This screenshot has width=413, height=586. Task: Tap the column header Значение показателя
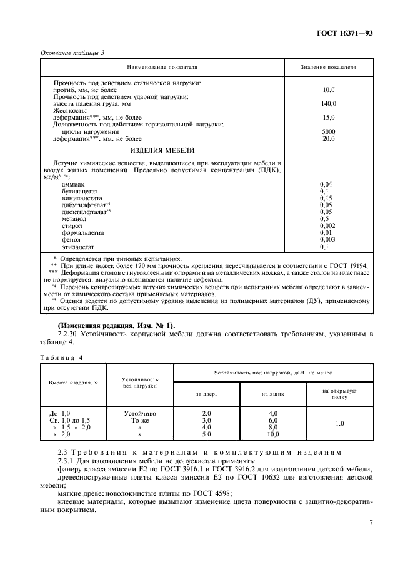pyautogui.click(x=329, y=66)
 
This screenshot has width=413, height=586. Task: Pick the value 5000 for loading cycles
pyautogui.click(x=329, y=131)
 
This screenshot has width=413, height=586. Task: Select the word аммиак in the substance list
pyautogui.click(x=74, y=184)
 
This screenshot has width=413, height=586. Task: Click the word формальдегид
pyautogui.click(x=83, y=232)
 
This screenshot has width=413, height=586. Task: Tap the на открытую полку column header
pyautogui.click(x=339, y=394)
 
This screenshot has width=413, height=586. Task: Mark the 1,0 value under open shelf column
pyautogui.click(x=339, y=423)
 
